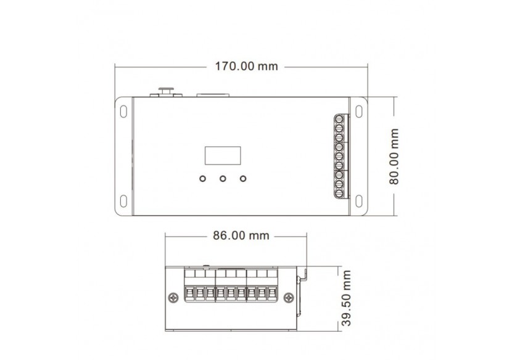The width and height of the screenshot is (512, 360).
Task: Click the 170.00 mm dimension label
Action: [246, 67]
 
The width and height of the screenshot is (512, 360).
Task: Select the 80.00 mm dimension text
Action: [395, 157]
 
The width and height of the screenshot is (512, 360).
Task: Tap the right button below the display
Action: [243, 179]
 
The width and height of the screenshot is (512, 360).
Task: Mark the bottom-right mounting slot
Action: [358, 201]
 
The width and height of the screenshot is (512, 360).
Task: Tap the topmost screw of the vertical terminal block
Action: [339, 120]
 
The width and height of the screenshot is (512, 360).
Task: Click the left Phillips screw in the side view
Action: [173, 298]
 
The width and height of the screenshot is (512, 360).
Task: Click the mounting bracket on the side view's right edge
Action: [302, 290]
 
